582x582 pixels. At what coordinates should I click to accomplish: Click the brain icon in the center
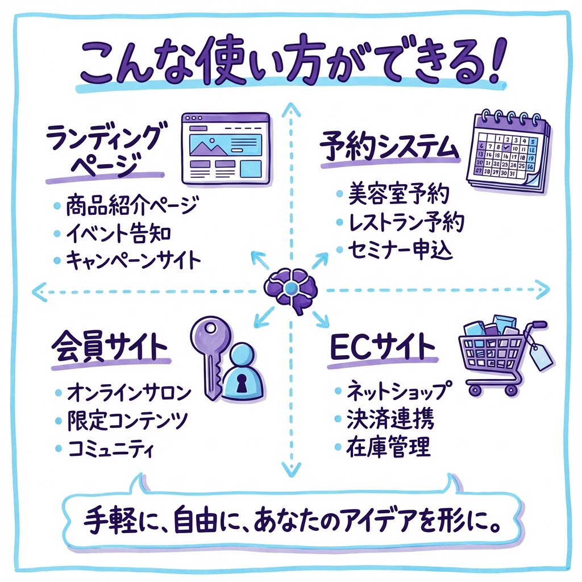point(290,289)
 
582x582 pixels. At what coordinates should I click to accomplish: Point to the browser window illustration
point(226,148)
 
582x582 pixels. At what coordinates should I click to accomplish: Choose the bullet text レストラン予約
point(406,223)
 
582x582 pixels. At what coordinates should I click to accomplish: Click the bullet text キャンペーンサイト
point(133,261)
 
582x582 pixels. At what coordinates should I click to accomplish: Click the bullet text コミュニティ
point(111,449)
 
